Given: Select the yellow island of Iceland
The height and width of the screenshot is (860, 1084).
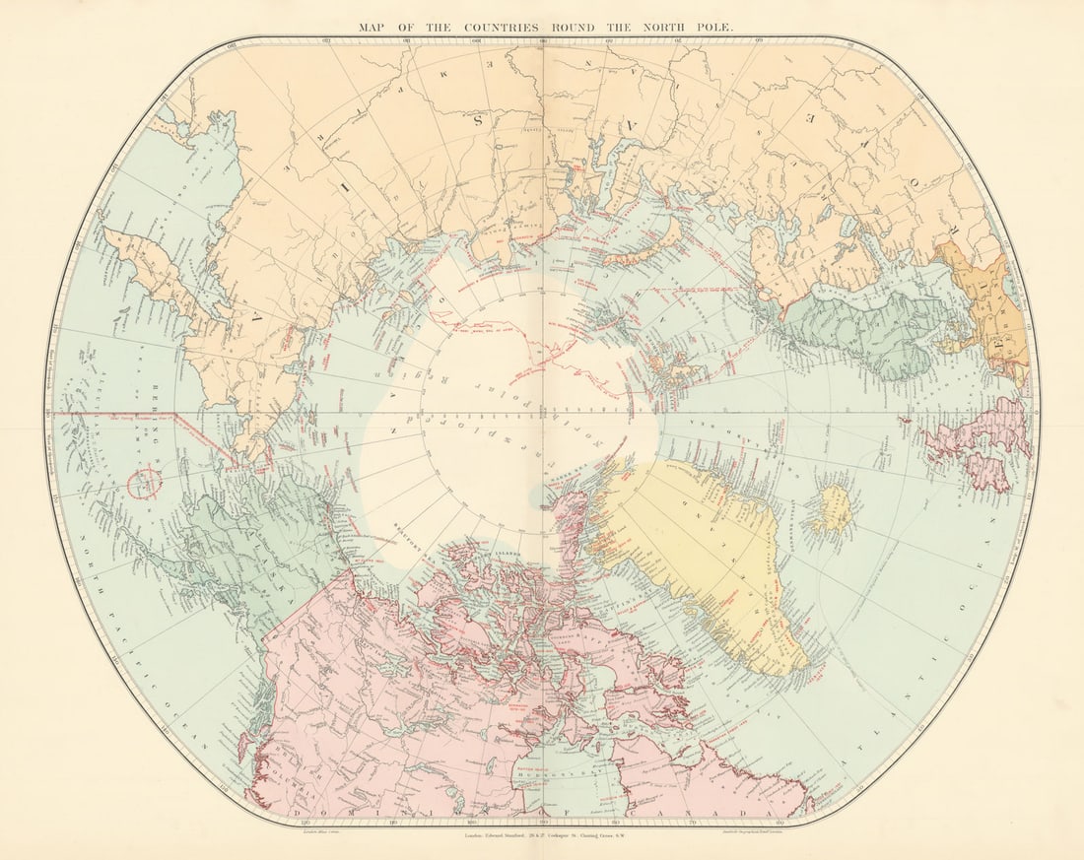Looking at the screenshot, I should click(x=833, y=508).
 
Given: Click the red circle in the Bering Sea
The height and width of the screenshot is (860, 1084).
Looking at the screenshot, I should click(x=145, y=483).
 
